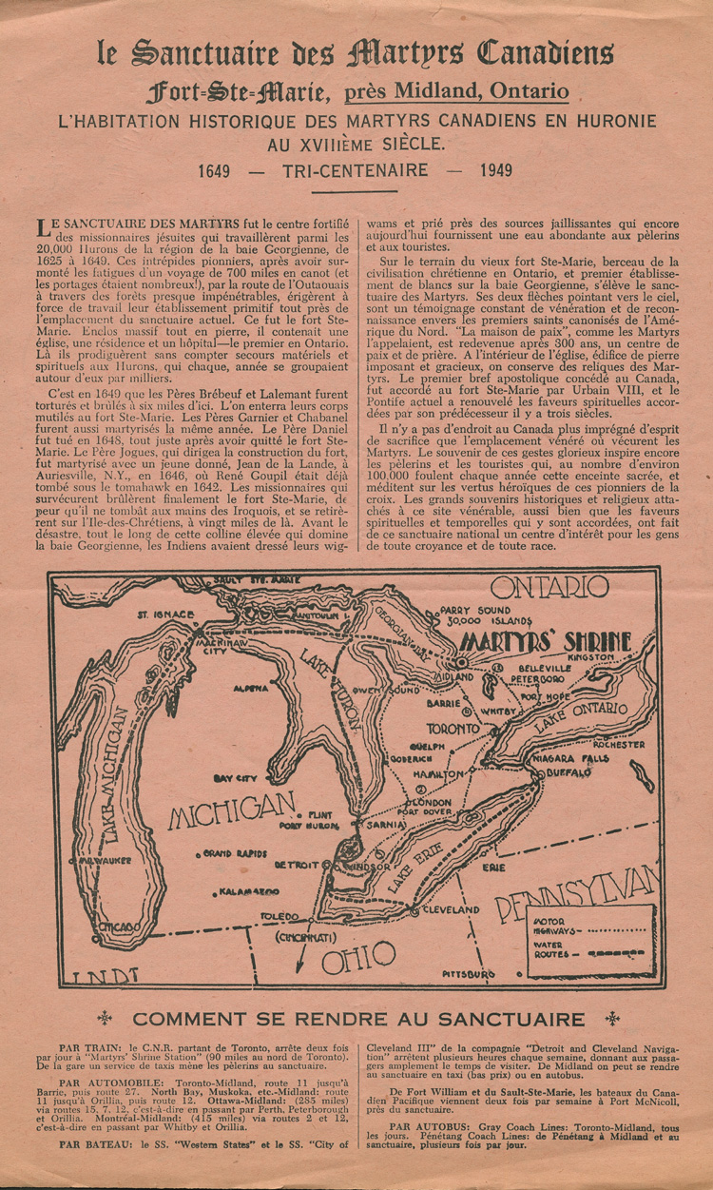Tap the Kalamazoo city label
[x=248, y=892]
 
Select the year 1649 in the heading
[x=221, y=171]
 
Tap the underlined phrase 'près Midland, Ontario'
[x=456, y=91]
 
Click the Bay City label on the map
[x=236, y=777]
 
